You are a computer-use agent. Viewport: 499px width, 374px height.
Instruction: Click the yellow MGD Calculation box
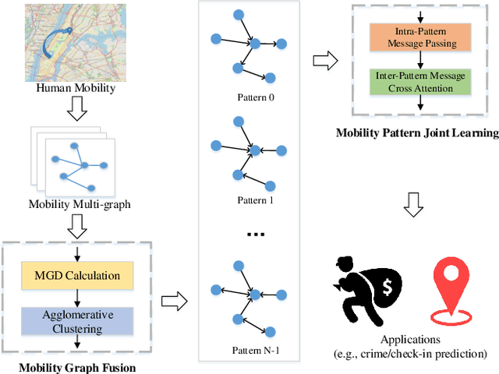pyautogui.click(x=77, y=275)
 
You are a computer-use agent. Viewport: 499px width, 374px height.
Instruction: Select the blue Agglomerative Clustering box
pyautogui.click(x=77, y=322)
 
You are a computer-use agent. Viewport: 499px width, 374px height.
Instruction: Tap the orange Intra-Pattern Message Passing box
pyautogui.click(x=420, y=36)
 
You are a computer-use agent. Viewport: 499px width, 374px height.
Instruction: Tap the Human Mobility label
pyautogui.click(x=76, y=88)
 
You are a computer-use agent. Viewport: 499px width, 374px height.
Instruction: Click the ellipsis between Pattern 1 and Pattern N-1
pyautogui.click(x=257, y=233)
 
